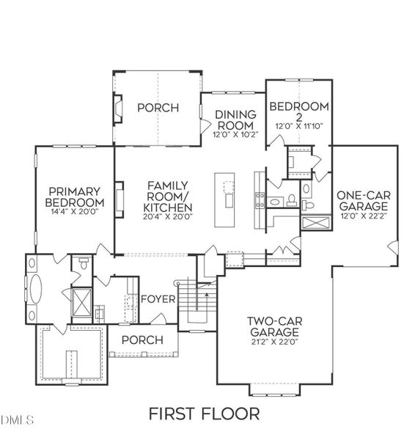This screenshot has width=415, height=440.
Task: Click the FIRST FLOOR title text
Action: (203, 414)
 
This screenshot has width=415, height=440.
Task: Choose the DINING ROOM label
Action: (235, 120)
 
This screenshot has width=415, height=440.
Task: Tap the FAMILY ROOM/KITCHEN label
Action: (169, 197)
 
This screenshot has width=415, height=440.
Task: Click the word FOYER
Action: (158, 299)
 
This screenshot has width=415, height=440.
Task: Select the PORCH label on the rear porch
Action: (158, 108)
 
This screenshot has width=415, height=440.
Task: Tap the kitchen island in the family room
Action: (227, 199)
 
